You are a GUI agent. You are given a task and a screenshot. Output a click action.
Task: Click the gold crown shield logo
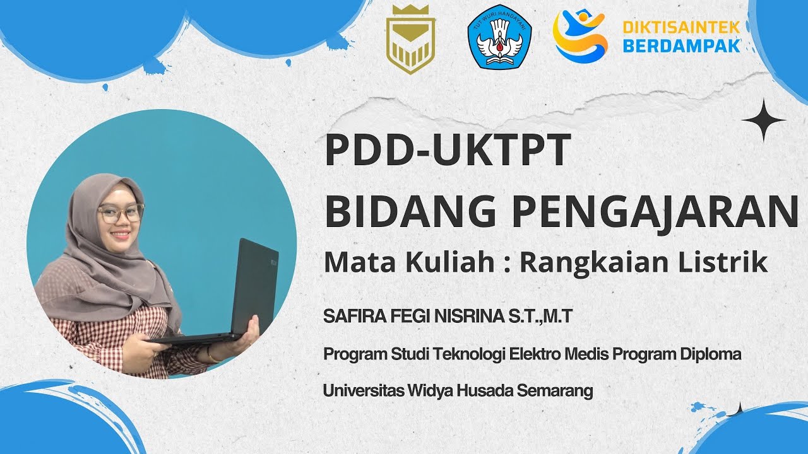tap(410, 40)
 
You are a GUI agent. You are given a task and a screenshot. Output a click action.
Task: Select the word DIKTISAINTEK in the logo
tap(681, 28)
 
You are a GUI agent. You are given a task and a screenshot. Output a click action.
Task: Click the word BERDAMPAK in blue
tap(681, 45)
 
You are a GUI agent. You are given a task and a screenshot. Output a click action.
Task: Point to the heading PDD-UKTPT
tap(448, 152)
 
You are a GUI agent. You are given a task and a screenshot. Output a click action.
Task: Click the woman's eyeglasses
tap(121, 214)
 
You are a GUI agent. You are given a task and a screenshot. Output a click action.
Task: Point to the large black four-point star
tap(763, 120)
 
